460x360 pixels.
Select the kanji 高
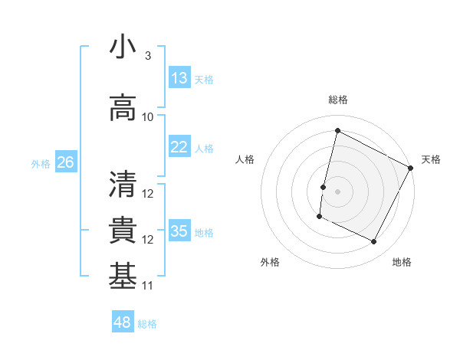[x=123, y=107]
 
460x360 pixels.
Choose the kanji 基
[x=123, y=276]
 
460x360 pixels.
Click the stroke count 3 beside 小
[x=148, y=56]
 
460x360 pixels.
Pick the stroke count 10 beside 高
[x=148, y=116]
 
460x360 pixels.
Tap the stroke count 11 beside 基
[x=148, y=286]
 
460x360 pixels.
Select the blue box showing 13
[x=179, y=78]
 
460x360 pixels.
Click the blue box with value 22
[x=179, y=147]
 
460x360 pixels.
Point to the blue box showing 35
[x=179, y=231]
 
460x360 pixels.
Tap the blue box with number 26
[x=65, y=162]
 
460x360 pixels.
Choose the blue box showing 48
[x=123, y=322]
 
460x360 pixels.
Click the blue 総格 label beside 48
[x=147, y=324]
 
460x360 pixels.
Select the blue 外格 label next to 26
[x=41, y=163]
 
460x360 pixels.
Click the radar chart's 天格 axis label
[x=431, y=159]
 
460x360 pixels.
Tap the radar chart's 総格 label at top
[x=337, y=100]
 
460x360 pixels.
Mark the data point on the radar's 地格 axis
[x=374, y=242]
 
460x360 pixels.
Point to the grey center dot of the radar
[x=337, y=191]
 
